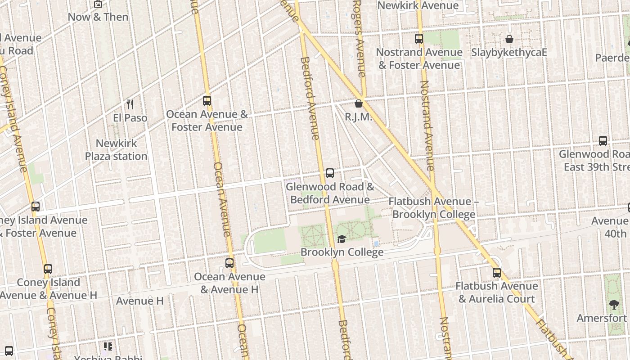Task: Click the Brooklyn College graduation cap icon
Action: [342, 239]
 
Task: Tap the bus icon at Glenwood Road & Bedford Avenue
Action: [330, 173]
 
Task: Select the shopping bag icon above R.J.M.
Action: [359, 104]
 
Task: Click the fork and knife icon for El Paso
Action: [130, 104]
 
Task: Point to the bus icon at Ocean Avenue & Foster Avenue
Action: [207, 101]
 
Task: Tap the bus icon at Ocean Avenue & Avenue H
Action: [229, 263]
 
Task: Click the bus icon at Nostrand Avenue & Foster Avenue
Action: [419, 39]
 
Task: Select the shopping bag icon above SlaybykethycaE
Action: [509, 40]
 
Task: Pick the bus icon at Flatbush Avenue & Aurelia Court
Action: [496, 273]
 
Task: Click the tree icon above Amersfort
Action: [614, 305]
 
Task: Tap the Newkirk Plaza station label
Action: [117, 150]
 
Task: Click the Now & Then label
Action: [98, 17]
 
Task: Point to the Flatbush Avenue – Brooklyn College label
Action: [433, 207]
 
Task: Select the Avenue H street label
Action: [139, 301]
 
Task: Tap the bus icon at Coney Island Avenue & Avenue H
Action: [48, 269]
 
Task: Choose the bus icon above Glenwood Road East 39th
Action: [603, 141]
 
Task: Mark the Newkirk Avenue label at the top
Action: [418, 5]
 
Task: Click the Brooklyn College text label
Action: [342, 252]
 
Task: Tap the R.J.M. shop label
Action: [359, 117]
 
